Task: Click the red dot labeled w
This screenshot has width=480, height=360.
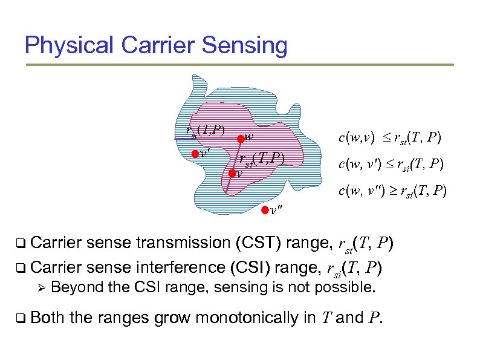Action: pos(240,138)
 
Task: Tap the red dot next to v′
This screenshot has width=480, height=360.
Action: pos(195,154)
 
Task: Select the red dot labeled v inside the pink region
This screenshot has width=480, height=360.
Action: pos(232,172)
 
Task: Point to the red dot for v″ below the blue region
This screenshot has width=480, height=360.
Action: pos(264,211)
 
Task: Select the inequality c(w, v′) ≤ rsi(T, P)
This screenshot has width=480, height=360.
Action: pos(389,164)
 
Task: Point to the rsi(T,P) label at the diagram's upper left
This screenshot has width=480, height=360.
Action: pos(205,129)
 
